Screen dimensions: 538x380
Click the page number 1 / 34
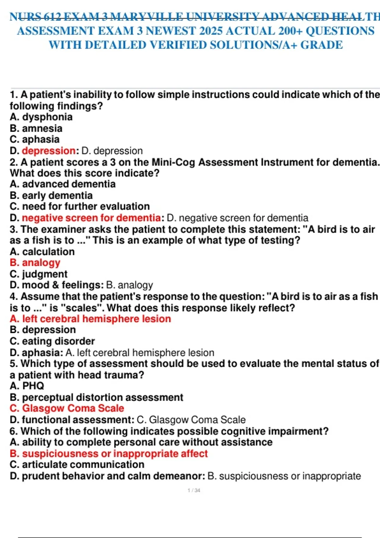[x=194, y=490]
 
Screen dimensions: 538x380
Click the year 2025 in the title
[x=211, y=31]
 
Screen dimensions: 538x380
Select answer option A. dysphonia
[x=41, y=117]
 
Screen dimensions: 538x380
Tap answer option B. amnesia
[x=36, y=128]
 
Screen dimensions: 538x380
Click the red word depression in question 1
[x=49, y=151]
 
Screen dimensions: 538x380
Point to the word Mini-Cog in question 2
[x=173, y=162]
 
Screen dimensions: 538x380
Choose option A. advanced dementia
[x=63, y=184]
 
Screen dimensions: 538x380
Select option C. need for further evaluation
[x=80, y=206]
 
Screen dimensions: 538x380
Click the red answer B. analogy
[x=35, y=263]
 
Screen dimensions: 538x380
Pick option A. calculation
[x=42, y=252]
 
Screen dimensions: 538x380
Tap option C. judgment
[x=39, y=274]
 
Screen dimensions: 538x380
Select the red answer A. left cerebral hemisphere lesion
[x=91, y=319]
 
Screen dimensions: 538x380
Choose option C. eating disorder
[x=52, y=341]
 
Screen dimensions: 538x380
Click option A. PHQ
[x=27, y=386]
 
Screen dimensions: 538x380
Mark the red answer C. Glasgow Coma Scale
[x=67, y=408]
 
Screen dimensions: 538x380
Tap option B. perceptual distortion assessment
[x=97, y=397]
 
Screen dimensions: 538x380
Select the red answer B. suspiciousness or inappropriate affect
[x=109, y=454]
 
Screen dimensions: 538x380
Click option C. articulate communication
[x=77, y=464]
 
